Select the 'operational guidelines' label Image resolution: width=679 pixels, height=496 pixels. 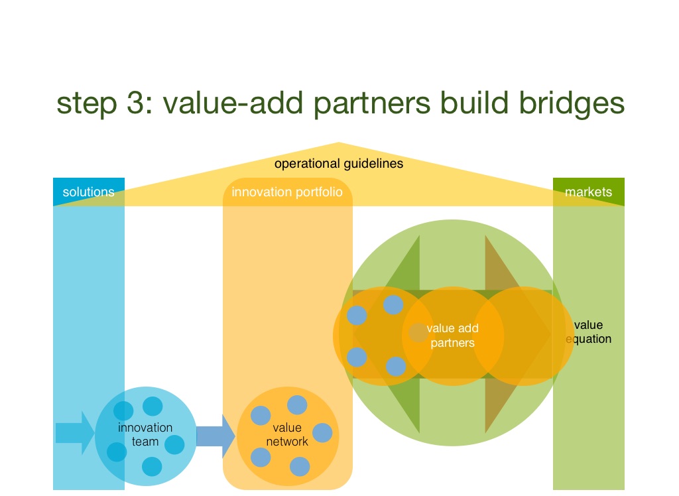tap(338, 163)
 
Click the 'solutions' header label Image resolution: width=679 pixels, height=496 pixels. tap(88, 192)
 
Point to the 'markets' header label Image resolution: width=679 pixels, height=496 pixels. tap(588, 192)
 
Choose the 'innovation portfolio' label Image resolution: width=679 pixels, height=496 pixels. tap(287, 192)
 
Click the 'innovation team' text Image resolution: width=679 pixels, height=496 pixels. tap(145, 434)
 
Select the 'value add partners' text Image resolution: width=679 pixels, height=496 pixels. tap(453, 336)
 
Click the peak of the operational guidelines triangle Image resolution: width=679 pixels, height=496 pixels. tap(339, 144)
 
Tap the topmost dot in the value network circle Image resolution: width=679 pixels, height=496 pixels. tap(296, 404)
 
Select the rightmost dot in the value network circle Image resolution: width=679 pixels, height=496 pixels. tap(322, 432)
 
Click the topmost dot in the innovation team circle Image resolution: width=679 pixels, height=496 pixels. tap(153, 406)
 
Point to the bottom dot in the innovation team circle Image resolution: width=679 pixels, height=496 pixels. tap(151, 466)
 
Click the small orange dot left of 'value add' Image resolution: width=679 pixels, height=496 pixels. tap(418, 332)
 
